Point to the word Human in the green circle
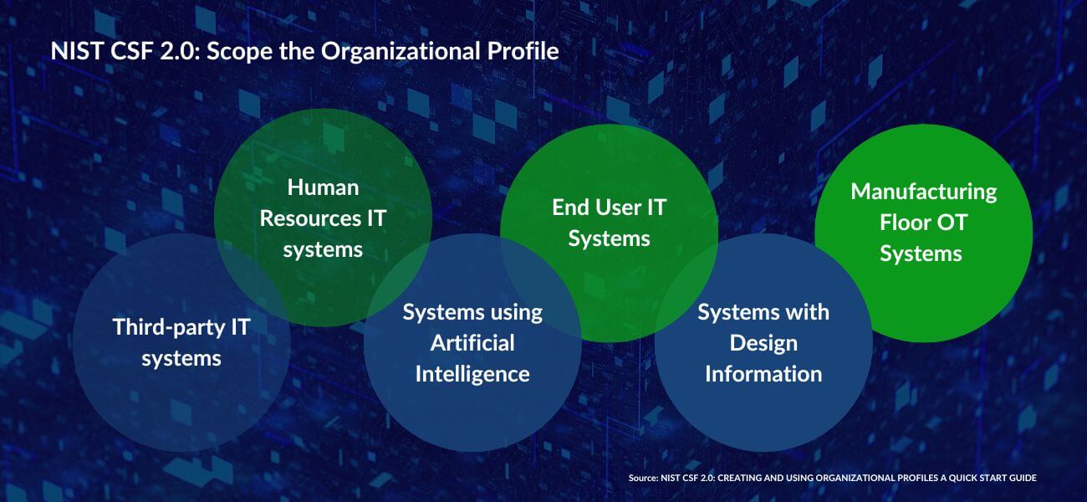tap(324, 187)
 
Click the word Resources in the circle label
tap(309, 218)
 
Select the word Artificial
tap(472, 343)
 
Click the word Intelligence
tap(472, 375)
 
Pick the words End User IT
tap(609, 207)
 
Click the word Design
tap(763, 344)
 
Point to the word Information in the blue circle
tap(763, 374)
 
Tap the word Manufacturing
tap(923, 192)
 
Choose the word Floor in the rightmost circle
tap(904, 223)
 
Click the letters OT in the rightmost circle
tap(952, 223)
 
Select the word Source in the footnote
tap(643, 478)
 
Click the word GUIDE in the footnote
tap(1023, 478)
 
